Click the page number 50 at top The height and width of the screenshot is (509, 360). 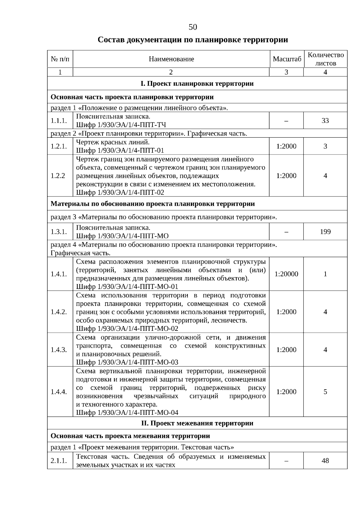[x=193, y=27]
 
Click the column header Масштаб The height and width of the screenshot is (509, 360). [x=286, y=59]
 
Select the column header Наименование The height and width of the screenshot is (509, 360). [x=171, y=59]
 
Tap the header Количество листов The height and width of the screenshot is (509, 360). [x=325, y=59]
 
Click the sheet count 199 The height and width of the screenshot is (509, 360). [x=325, y=232]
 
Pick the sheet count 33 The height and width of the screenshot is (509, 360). [x=325, y=121]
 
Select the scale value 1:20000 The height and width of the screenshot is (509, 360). [x=286, y=274]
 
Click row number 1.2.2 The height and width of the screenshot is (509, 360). [x=58, y=176]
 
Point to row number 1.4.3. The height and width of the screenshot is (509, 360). [x=58, y=350]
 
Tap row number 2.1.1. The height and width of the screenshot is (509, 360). [x=58, y=461]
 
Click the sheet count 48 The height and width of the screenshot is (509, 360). [x=325, y=461]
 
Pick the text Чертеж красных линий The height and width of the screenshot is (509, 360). [x=113, y=142]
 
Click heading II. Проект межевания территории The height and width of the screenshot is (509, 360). [x=197, y=423]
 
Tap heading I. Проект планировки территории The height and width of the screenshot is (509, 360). [x=197, y=83]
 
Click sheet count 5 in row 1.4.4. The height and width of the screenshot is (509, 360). [x=325, y=392]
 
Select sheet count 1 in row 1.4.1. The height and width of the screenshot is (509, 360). [x=325, y=274]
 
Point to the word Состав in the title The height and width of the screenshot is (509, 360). [x=111, y=40]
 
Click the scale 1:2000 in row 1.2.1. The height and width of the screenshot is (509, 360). [x=286, y=146]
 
